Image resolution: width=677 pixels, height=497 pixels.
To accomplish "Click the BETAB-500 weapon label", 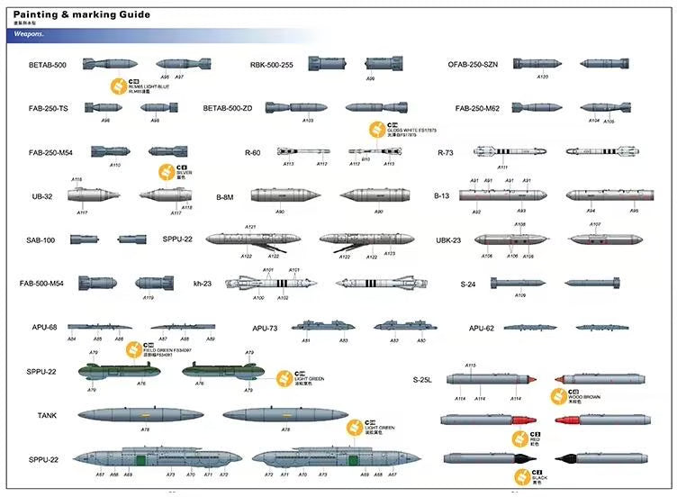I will (48, 65).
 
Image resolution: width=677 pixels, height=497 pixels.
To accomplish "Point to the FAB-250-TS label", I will (49, 108).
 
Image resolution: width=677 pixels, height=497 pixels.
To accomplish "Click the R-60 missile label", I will (252, 153).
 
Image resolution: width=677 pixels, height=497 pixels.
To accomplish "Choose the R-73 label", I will (445, 153).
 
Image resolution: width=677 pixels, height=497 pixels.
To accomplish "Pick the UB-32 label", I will (42, 195).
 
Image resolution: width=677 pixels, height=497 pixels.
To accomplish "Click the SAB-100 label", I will (41, 240).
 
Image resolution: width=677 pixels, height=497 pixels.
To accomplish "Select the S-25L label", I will (423, 380).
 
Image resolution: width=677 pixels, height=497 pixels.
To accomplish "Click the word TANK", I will (47, 415).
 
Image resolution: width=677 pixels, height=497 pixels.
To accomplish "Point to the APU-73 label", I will (265, 329).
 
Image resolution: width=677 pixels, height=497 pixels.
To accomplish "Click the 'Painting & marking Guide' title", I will (81, 15).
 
